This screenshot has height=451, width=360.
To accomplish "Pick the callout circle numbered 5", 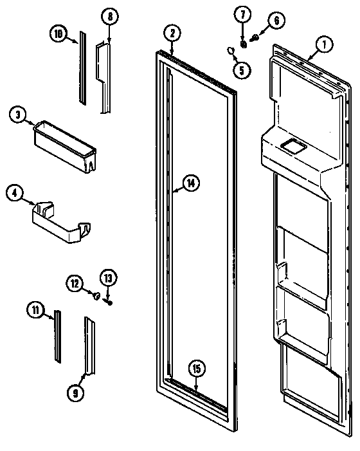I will click(240, 70).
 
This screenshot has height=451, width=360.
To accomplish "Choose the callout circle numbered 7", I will click(244, 14).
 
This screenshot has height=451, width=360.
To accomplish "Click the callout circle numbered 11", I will click(36, 310).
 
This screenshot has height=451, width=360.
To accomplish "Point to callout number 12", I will click(75, 282).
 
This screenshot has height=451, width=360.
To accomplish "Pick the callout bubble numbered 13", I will click(108, 278).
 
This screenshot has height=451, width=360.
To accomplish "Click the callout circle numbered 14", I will click(190, 183).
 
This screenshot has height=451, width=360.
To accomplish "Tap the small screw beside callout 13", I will click(109, 300).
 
